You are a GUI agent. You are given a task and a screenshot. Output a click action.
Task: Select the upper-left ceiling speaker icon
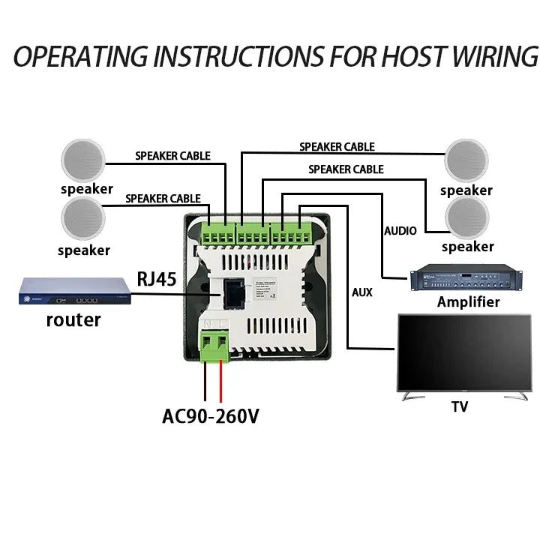85,160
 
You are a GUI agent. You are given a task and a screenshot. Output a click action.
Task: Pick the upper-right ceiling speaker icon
466,160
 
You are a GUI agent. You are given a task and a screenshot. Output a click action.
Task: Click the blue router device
74,291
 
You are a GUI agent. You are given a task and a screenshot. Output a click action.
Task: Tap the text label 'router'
73,320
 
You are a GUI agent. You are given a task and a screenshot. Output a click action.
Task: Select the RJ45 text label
157,280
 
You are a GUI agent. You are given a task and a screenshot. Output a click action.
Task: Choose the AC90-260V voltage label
211,415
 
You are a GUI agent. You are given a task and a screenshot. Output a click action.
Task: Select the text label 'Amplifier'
468,302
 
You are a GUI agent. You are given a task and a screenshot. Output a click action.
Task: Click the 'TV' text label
459,407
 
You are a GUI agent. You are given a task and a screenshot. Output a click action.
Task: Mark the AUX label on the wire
362,291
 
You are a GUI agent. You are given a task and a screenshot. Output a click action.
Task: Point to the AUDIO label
400,231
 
